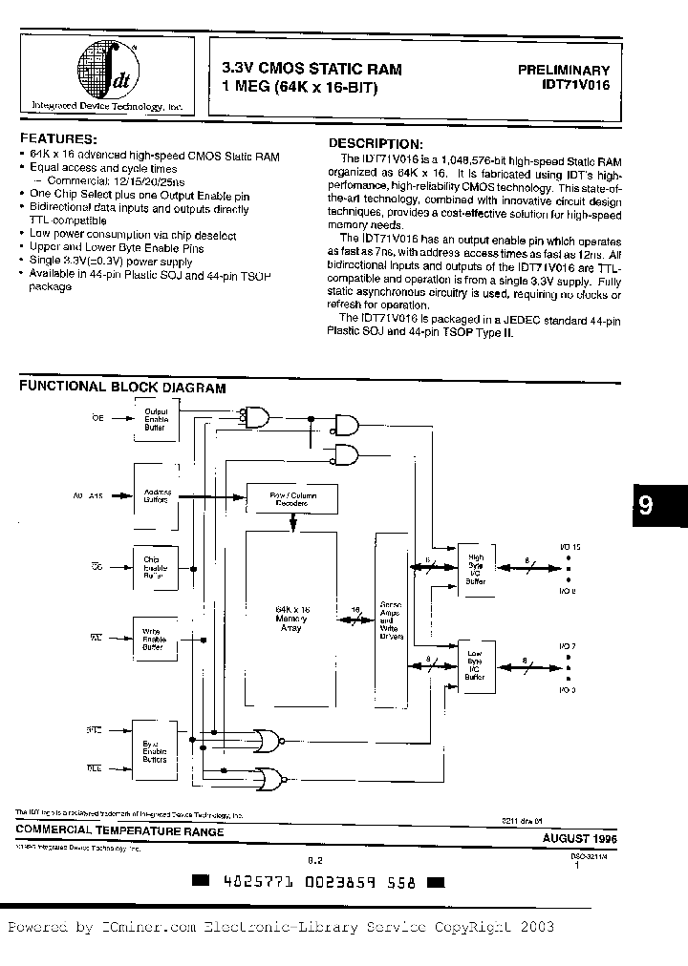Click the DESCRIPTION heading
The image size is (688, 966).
coord(367,140)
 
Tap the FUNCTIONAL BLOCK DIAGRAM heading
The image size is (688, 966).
coord(123,388)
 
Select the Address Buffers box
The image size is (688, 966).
coord(156,496)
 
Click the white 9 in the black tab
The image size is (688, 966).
coord(646,506)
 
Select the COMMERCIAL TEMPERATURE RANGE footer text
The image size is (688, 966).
coord(120,831)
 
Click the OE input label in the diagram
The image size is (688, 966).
coord(97,416)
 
